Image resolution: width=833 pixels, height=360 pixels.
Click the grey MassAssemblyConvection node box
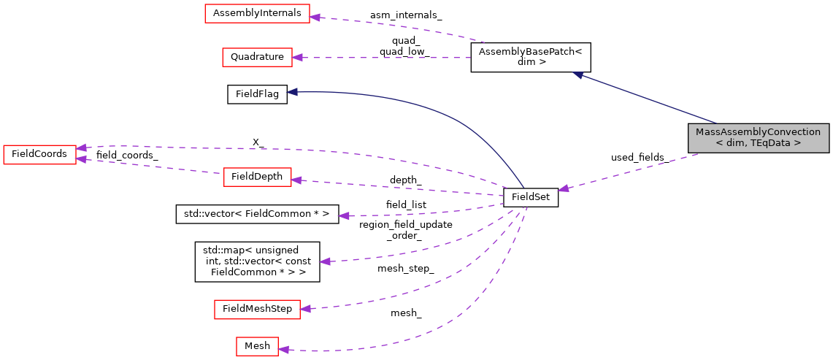758,138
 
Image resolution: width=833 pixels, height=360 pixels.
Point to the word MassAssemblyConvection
758,132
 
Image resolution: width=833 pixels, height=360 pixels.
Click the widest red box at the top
257,14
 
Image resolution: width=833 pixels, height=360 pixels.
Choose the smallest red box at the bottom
257,347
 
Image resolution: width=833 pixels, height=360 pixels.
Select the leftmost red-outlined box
39,155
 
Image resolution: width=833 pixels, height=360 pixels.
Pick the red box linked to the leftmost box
257,177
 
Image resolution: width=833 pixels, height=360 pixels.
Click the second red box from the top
257,58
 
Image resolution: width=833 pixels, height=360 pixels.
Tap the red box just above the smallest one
257,310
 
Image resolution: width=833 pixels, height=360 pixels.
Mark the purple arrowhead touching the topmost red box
315,17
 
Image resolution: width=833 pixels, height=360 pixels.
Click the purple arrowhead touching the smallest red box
284,350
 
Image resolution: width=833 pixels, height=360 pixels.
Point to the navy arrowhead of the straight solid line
577,74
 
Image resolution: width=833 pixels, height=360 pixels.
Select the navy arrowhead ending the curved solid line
292,92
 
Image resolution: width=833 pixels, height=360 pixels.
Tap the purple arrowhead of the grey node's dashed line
564,188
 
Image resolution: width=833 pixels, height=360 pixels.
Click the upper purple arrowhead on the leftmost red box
82,148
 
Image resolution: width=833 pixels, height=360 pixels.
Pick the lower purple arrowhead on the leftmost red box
81,158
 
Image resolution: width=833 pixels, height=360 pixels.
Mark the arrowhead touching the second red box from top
297,57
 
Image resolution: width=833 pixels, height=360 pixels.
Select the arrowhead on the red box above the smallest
305,309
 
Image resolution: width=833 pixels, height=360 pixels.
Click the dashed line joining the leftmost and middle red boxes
150,166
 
